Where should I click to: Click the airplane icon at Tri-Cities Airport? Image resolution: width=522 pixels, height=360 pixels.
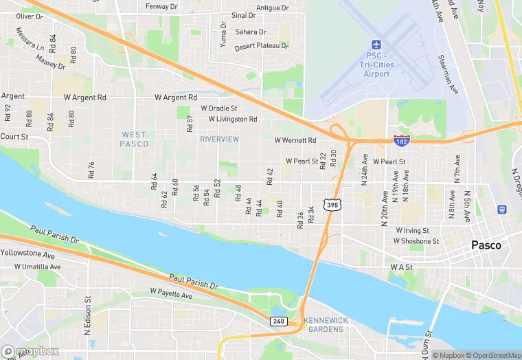(x=376, y=44)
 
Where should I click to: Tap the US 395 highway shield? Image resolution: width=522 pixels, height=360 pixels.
(x=332, y=205)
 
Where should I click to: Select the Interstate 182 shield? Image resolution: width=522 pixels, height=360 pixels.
(x=403, y=140)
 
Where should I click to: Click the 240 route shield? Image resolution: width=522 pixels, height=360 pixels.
(x=278, y=321)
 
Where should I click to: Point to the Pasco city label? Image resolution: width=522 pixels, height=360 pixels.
(x=486, y=245)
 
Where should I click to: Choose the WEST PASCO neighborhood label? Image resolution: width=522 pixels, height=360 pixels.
(x=134, y=139)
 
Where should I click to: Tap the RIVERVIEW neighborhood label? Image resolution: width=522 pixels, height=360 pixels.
(x=219, y=139)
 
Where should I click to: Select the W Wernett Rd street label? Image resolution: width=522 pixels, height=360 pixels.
(x=295, y=140)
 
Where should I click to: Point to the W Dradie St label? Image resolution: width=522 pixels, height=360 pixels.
(x=218, y=108)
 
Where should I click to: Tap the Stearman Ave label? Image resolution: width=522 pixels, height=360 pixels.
(x=449, y=75)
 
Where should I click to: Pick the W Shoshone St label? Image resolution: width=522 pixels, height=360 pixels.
(x=416, y=241)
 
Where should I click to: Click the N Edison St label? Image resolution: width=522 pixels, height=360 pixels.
(x=88, y=315)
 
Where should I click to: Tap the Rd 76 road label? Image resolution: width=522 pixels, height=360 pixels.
(x=91, y=170)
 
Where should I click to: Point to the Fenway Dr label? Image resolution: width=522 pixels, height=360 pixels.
(x=162, y=7)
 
